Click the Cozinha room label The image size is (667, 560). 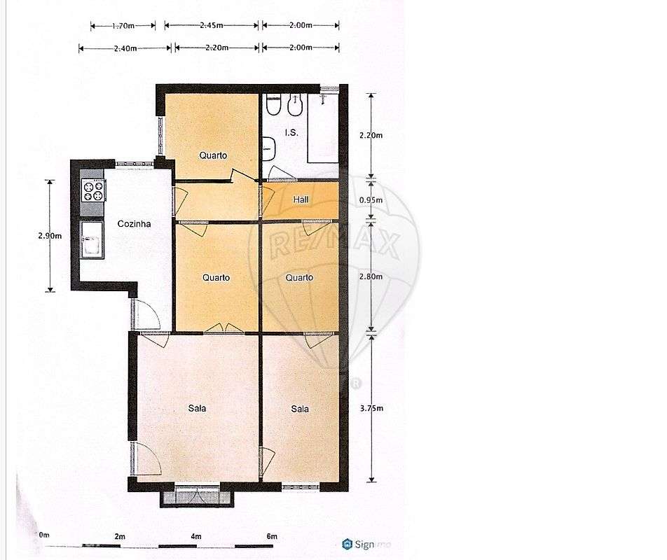coord(134,224)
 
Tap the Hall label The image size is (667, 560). coord(301,199)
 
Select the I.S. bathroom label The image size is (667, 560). coord(291,132)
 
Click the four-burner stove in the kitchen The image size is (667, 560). coord(94,190)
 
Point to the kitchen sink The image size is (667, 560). coord(91,239)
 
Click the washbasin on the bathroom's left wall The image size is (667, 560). coord(269,146)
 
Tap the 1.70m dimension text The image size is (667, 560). coord(123,26)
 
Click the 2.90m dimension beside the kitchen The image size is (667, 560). coord(49,236)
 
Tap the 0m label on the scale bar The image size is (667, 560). coord(44,535)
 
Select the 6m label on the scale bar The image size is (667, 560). coord(272,536)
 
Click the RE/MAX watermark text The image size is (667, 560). coord(334,245)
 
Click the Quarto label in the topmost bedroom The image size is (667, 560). coord(213,155)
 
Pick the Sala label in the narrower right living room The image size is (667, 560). coord(299,409)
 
